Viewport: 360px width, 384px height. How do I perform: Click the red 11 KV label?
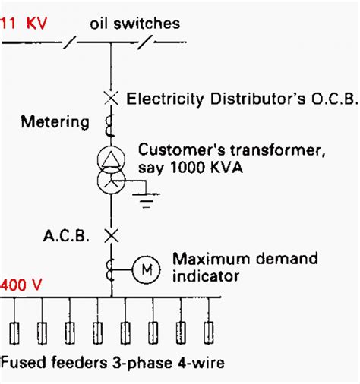coord(24,24)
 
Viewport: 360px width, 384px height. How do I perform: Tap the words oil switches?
coord(135,24)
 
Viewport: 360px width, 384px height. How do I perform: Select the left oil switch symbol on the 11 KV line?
coord(70,42)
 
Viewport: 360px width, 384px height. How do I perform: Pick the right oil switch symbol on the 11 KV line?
coord(146,42)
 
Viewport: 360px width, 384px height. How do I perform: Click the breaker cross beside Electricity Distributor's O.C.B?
coord(111,98)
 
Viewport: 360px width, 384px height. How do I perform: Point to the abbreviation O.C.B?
coord(334,99)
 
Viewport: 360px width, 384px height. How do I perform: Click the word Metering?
coord(55,122)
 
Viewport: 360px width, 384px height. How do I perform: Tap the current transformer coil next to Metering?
coord(110,126)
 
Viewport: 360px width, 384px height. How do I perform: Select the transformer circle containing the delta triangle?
coord(111,159)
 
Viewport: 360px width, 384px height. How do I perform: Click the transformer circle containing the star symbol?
coord(111,181)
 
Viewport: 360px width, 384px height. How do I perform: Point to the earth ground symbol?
coord(147,200)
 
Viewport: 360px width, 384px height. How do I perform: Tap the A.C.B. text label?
coord(66,236)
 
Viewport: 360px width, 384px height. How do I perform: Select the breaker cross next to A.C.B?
coord(112,236)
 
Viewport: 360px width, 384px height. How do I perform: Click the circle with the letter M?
coord(147,269)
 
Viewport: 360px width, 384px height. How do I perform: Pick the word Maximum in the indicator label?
coord(212,259)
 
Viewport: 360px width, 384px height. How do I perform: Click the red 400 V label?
coord(21,285)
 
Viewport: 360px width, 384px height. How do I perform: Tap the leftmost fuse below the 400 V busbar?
coord(14,333)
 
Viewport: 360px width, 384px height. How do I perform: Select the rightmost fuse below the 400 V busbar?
coord(209,333)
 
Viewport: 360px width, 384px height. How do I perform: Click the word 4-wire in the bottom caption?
coord(201,363)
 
